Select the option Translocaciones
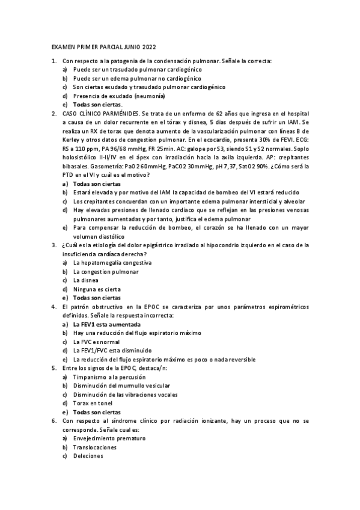pyautogui.click(x=94, y=447)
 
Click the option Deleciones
pyautogui.click(x=88, y=456)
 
